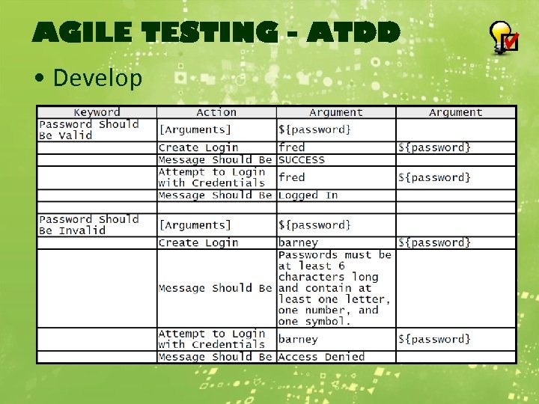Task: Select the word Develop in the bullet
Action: pos(97,77)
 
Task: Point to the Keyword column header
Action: pos(97,112)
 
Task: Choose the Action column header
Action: pos(216,112)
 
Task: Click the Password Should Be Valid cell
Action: pos(88,129)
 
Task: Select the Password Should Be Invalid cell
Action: pos(88,224)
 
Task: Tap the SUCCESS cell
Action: pos(302,159)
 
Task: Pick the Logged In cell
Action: pos(308,195)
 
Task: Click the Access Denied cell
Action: pos(321,357)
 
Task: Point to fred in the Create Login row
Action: pos(291,147)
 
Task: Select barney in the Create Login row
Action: pos(298,242)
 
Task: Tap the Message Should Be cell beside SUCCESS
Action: pos(215,159)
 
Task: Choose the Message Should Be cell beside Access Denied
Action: pos(215,357)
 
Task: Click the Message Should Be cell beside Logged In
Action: pos(215,195)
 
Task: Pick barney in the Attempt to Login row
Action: pos(298,339)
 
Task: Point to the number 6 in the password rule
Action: pos(341,266)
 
